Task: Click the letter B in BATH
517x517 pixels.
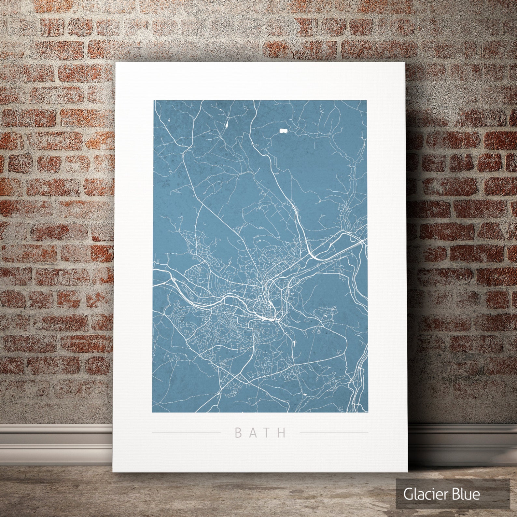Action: (238, 433)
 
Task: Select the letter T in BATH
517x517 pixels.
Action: (269, 433)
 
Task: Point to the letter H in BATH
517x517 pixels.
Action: (283, 433)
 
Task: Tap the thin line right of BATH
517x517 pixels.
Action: (333, 433)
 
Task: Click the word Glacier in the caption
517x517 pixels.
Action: (423, 494)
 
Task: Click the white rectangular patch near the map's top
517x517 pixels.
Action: (283, 131)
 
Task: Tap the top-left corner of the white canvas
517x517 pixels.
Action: (117, 63)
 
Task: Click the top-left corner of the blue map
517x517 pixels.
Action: (154, 101)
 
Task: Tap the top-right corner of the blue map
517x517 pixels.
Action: (367, 101)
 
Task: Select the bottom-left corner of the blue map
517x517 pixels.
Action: (153, 412)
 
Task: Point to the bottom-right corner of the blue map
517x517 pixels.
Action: (368, 412)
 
